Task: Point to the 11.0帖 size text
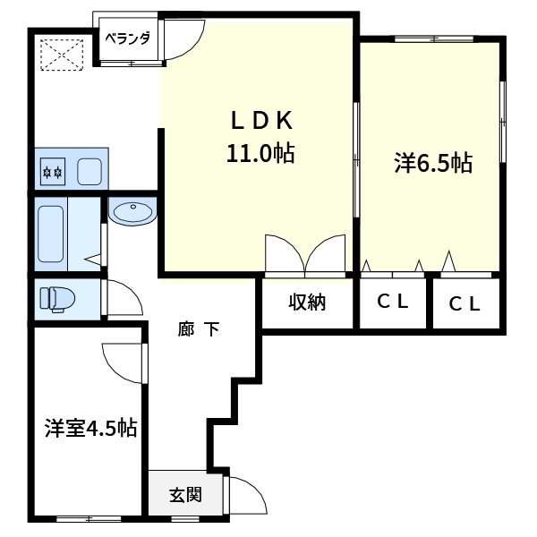tap(260, 153)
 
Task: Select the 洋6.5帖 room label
tap(433, 163)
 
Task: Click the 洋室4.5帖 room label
tap(90, 428)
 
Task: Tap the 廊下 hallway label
tap(199, 330)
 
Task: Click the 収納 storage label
tap(306, 303)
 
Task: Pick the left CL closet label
tap(391, 302)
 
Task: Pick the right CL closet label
tap(465, 303)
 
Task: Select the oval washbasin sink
tap(133, 213)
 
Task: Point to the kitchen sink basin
tap(89, 170)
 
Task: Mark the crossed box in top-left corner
tap(63, 54)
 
